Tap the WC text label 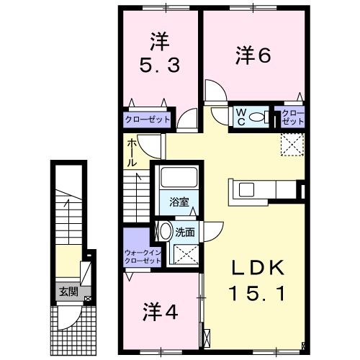tap(241, 117)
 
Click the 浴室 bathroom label tap(179, 203)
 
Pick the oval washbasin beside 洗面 tap(165, 232)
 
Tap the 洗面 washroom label tap(185, 232)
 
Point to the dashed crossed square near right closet tap(292, 144)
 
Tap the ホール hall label tap(132, 153)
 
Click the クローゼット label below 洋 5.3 tap(147, 120)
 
